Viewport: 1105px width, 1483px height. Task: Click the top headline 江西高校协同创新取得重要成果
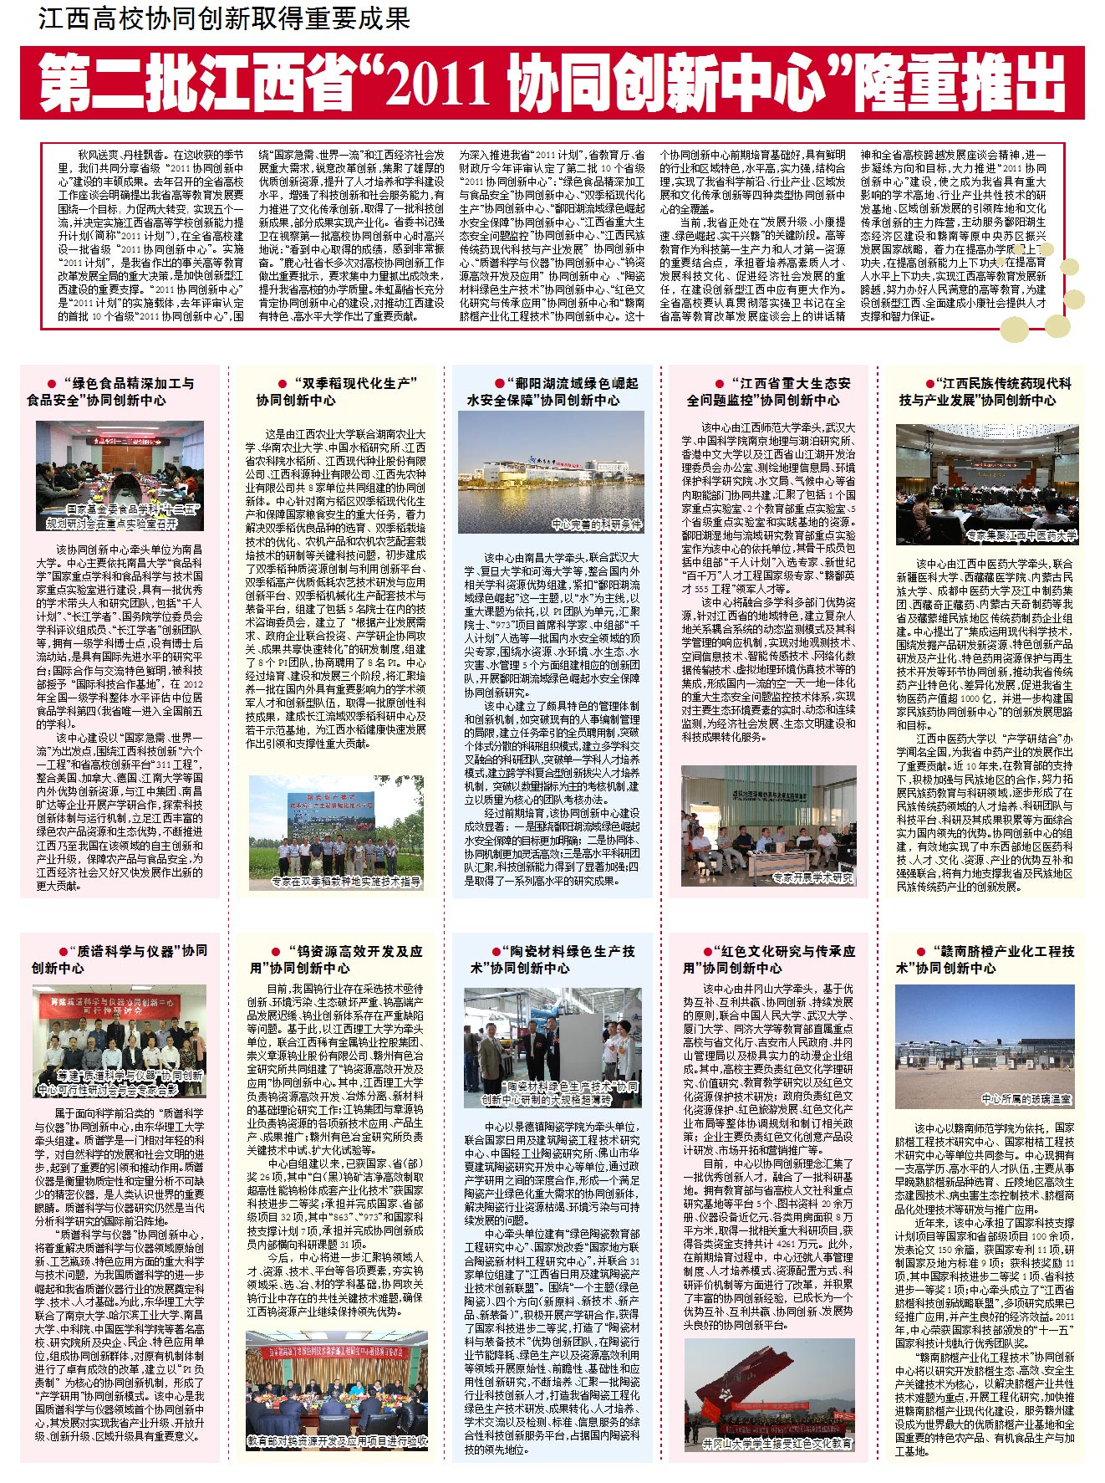click(x=224, y=18)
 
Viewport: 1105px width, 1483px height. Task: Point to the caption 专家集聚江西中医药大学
click(x=1021, y=535)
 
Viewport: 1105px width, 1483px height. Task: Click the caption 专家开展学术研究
click(x=812, y=878)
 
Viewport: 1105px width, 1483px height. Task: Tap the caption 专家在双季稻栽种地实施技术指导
click(x=346, y=882)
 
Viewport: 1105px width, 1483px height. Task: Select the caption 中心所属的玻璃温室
click(x=1026, y=1098)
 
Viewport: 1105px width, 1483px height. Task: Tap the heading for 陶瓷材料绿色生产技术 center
click(x=552, y=959)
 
